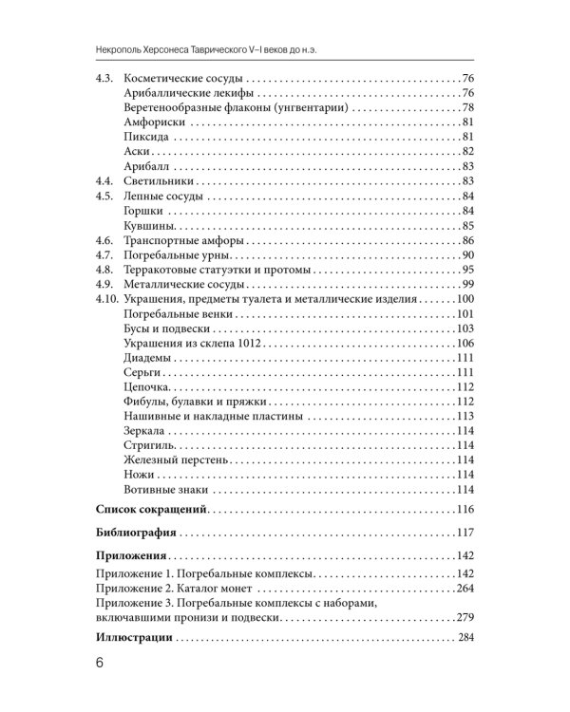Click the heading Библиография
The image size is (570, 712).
[139, 531]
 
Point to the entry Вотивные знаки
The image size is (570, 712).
[165, 490]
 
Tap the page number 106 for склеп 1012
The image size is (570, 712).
[464, 344]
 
